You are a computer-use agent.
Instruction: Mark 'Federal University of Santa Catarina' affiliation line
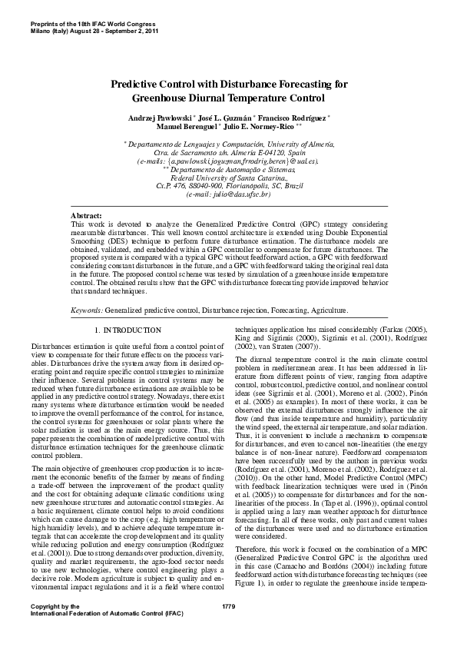pos(228,178)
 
